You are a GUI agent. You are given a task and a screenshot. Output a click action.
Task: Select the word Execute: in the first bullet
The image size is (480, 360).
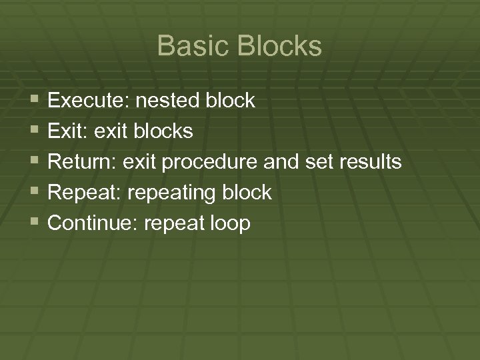[x=89, y=101]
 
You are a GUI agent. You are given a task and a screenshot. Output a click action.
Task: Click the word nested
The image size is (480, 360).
[x=167, y=101]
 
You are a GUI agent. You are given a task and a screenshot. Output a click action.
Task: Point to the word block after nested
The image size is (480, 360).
[x=230, y=101]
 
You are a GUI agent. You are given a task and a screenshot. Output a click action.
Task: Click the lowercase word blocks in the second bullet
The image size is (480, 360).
[x=163, y=132]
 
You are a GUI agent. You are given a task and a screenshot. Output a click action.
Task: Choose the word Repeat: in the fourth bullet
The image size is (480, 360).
[x=84, y=193]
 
